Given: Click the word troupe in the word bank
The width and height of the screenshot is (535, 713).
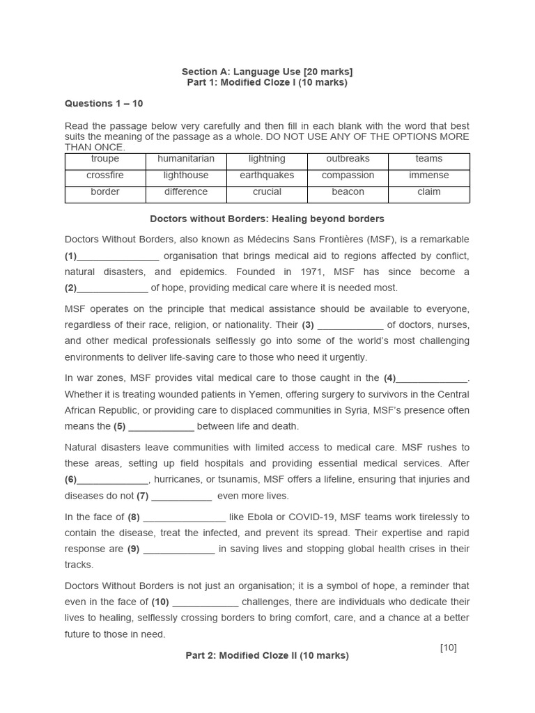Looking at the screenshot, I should pyautogui.click(x=105, y=159).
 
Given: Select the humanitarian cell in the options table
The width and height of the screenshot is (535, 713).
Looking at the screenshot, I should pyautogui.click(x=186, y=159).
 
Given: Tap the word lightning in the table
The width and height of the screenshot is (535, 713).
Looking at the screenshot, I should pyautogui.click(x=267, y=159).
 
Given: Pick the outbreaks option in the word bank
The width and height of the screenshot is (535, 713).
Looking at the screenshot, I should pyautogui.click(x=348, y=159).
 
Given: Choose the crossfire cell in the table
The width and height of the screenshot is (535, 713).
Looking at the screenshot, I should pyautogui.click(x=105, y=175).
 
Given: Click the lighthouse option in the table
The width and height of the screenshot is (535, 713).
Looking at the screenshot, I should pyautogui.click(x=186, y=175).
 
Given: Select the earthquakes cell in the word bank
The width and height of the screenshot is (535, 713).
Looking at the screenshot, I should pyautogui.click(x=267, y=175).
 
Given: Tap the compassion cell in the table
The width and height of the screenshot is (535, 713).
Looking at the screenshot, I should pyautogui.click(x=348, y=175).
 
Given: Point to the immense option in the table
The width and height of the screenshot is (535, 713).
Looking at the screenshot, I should pyautogui.click(x=429, y=175).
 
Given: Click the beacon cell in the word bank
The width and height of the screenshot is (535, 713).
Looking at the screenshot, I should pyautogui.click(x=348, y=191).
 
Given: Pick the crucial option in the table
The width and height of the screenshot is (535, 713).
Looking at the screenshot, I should pyautogui.click(x=267, y=191).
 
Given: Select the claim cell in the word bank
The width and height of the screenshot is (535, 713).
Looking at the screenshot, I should pyautogui.click(x=429, y=191).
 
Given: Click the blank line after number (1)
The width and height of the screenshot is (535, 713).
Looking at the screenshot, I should pyautogui.click(x=118, y=257).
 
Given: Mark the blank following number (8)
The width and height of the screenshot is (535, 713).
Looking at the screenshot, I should pyautogui.click(x=184, y=518).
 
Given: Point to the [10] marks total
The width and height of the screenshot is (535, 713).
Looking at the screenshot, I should pyautogui.click(x=448, y=648).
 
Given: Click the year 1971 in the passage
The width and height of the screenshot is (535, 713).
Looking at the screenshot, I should pyautogui.click(x=317, y=272).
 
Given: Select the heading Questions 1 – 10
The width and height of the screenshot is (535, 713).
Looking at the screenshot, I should pyautogui.click(x=104, y=104).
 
